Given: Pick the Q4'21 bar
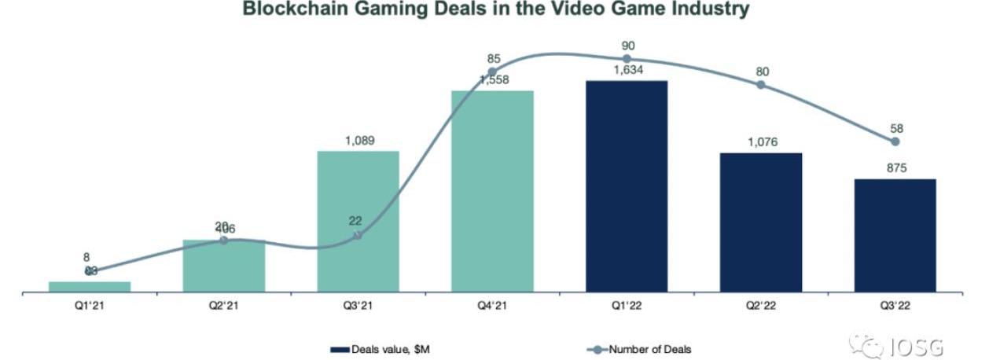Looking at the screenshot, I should (x=492, y=192).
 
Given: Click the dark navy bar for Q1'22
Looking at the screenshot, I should (x=627, y=186).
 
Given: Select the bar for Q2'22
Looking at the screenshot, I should (x=761, y=222).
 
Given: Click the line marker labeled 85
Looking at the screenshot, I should (x=492, y=72).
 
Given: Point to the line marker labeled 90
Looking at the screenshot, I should (x=627, y=58).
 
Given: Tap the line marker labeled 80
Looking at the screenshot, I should (x=761, y=84).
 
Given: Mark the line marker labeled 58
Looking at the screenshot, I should (x=895, y=141).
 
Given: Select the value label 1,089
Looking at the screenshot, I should (x=358, y=141).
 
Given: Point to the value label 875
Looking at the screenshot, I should (x=895, y=167).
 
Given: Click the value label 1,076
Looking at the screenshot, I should (x=761, y=142).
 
